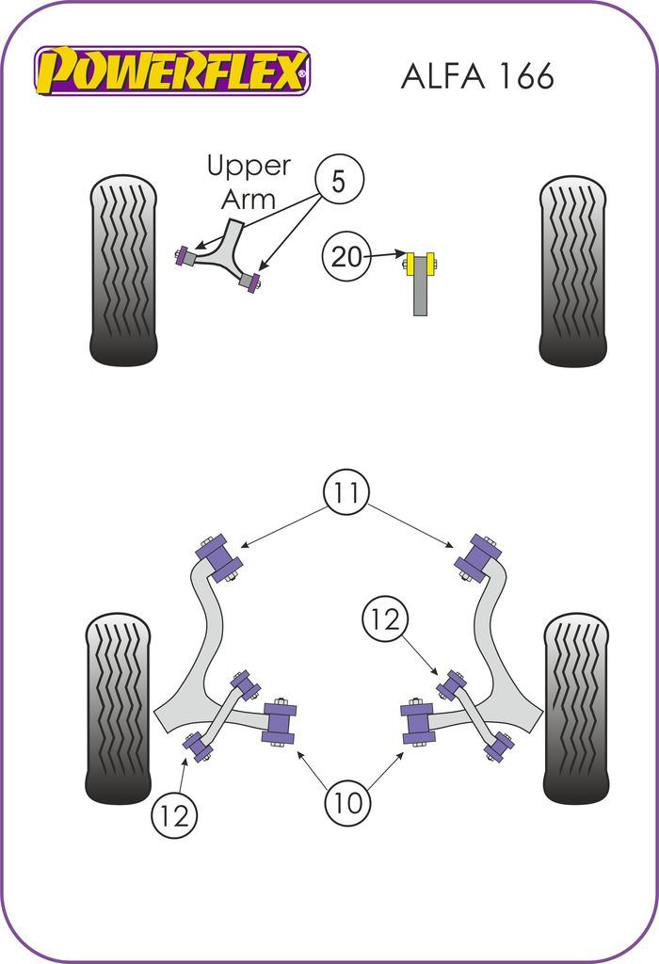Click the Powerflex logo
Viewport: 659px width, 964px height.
(x=172, y=71)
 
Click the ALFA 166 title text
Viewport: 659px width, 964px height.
(x=477, y=76)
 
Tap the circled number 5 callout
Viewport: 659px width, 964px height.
(x=338, y=180)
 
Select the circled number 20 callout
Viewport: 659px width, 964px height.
(x=346, y=255)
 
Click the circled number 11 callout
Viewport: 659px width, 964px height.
(x=346, y=491)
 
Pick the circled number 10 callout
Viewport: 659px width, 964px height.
(x=347, y=802)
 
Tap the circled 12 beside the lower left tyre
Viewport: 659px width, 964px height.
(x=175, y=813)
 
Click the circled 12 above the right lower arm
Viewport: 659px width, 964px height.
(x=385, y=619)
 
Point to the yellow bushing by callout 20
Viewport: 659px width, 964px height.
(x=420, y=265)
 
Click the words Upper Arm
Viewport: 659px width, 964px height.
(x=248, y=182)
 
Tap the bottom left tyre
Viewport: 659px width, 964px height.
(x=118, y=708)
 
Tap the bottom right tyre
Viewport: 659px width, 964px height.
(x=576, y=708)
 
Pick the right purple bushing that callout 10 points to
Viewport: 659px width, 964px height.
(x=417, y=722)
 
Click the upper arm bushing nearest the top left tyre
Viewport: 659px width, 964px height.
(x=185, y=255)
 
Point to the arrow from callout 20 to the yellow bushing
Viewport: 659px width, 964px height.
(x=385, y=255)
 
